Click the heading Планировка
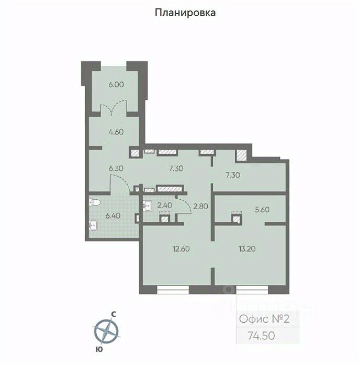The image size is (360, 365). click(185, 13)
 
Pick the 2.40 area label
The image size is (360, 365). click(165, 206)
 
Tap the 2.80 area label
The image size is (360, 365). click(200, 206)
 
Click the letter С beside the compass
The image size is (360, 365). click(113, 314)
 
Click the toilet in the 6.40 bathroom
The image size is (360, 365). click(94, 202)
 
